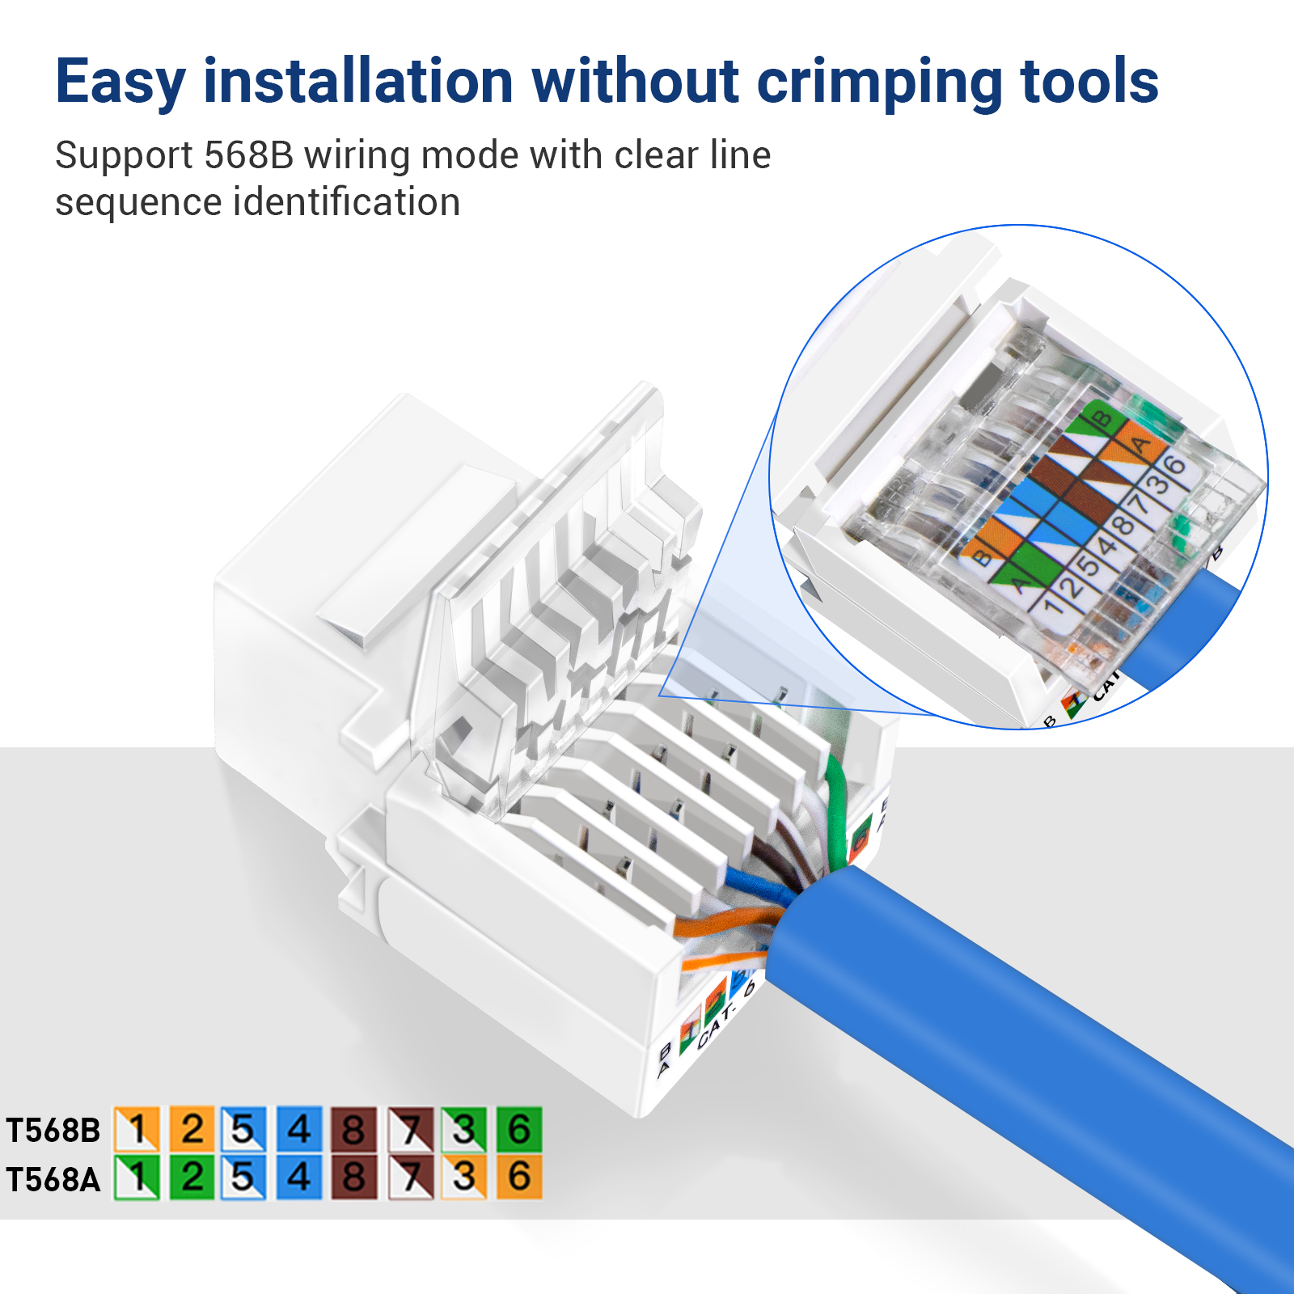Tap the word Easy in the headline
click(120, 82)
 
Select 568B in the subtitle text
click(248, 155)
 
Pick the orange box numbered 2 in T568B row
click(192, 1129)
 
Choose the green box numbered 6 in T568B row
click(518, 1129)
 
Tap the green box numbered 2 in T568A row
click(192, 1177)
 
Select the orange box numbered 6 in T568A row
click(518, 1177)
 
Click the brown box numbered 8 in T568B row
click(353, 1129)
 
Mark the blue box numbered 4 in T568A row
click(298, 1177)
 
